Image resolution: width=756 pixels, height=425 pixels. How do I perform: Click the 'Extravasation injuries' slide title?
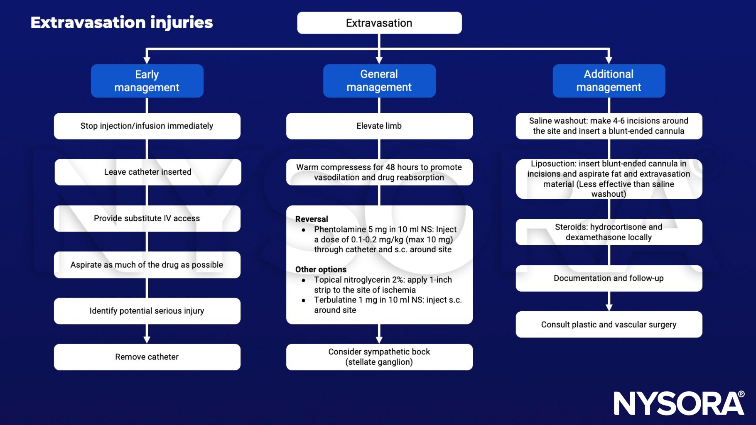[121, 22]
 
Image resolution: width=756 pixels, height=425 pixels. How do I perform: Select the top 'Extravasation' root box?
[379, 23]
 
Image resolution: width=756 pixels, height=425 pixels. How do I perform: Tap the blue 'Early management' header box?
[147, 81]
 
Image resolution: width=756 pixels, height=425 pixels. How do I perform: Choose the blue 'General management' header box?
[379, 81]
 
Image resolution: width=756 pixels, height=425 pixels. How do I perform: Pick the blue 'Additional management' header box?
[609, 81]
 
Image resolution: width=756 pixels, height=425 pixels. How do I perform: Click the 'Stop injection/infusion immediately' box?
[147, 126]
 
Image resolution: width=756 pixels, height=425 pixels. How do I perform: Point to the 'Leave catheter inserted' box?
[147, 172]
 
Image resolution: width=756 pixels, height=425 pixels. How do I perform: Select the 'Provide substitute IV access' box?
[147, 218]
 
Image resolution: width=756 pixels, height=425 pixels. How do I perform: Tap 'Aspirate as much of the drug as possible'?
[147, 265]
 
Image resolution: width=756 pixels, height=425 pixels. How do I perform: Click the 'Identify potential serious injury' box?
[147, 311]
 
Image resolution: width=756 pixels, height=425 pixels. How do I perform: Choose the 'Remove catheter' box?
[147, 357]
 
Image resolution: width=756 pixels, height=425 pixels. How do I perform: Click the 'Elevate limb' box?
[379, 126]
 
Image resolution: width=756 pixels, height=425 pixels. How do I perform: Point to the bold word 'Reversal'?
[312, 219]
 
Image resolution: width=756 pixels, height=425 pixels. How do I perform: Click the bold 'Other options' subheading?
[321, 269]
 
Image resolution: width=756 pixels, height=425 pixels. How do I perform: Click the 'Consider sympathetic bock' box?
[379, 357]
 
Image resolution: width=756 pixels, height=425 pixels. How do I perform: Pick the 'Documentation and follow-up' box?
[609, 278]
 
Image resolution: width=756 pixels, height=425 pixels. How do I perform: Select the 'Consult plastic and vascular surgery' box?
[609, 325]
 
